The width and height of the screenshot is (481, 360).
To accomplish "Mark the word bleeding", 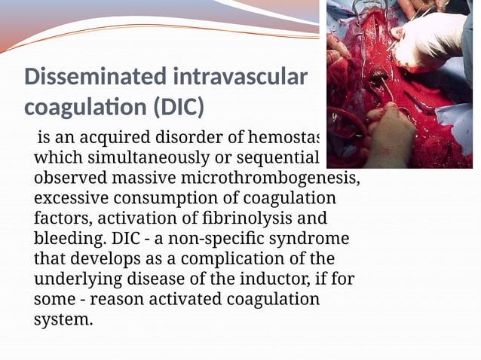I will click(66, 239).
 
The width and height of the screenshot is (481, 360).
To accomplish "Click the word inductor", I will click(269, 279).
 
